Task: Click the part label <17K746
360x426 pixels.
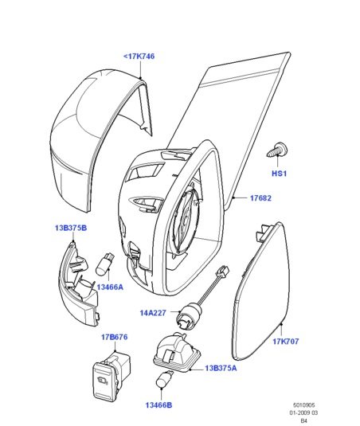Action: pyautogui.click(x=139, y=57)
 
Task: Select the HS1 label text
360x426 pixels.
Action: pyautogui.click(x=279, y=174)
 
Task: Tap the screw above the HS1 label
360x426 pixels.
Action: pyautogui.click(x=277, y=150)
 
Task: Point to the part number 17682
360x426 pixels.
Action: pyautogui.click(x=260, y=197)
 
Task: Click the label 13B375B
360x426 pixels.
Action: pyautogui.click(x=71, y=228)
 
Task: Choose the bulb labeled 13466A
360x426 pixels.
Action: pyautogui.click(x=105, y=264)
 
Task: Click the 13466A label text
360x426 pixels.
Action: pyautogui.click(x=110, y=287)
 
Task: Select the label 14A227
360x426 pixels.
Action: pyautogui.click(x=153, y=313)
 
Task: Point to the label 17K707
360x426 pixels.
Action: pyautogui.click(x=286, y=342)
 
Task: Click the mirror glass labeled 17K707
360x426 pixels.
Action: pyautogui.click(x=261, y=293)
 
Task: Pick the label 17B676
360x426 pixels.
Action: pyautogui.click(x=115, y=337)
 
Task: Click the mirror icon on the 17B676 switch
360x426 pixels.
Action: pyautogui.click(x=102, y=381)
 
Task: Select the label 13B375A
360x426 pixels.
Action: pyautogui.click(x=221, y=368)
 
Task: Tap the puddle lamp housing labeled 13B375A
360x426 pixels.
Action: pyautogui.click(x=178, y=353)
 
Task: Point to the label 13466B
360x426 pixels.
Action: pyautogui.click(x=159, y=405)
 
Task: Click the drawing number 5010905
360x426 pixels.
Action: pyautogui.click(x=304, y=405)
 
